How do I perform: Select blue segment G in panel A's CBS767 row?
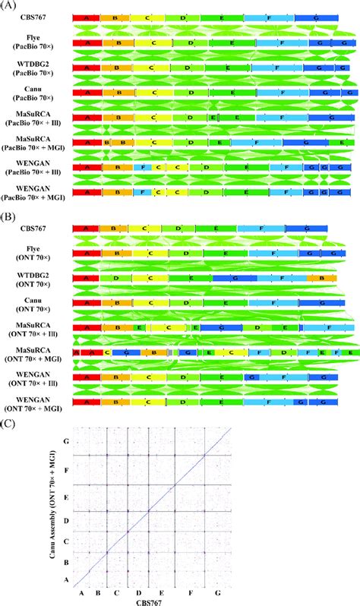pyautogui.click(x=316, y=17)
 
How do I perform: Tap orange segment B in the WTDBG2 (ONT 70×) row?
pyautogui.click(x=321, y=279)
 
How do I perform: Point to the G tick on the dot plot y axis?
pyautogui.click(x=68, y=441)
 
